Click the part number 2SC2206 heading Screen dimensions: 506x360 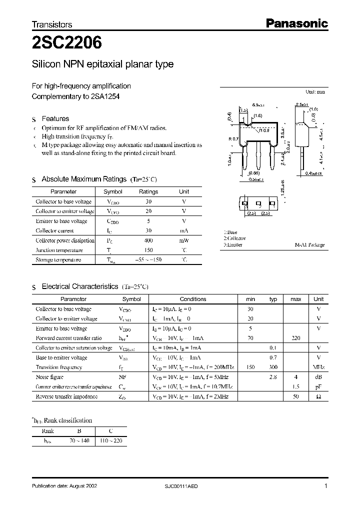click(67, 43)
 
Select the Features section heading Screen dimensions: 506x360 click(55, 119)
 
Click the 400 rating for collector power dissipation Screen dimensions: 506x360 click(148, 240)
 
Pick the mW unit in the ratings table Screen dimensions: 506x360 click(184, 240)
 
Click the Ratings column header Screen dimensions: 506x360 click(148, 191)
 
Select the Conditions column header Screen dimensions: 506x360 click(193, 299)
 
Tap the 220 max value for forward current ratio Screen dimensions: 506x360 click(296, 338)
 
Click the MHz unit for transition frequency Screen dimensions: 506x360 click(318, 367)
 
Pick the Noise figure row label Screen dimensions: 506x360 click(49, 377)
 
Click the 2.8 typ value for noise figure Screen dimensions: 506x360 click(273, 377)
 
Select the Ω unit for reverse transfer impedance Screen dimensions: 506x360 click(318, 396)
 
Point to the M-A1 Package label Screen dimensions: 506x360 click(309, 245)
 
